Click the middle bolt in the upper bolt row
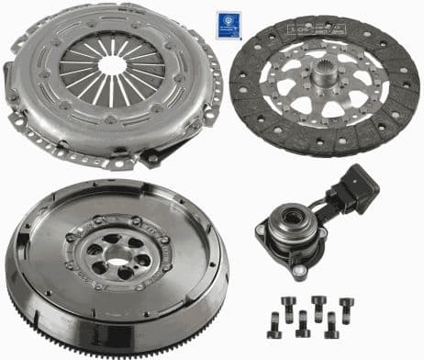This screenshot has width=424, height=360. click(x=318, y=304)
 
